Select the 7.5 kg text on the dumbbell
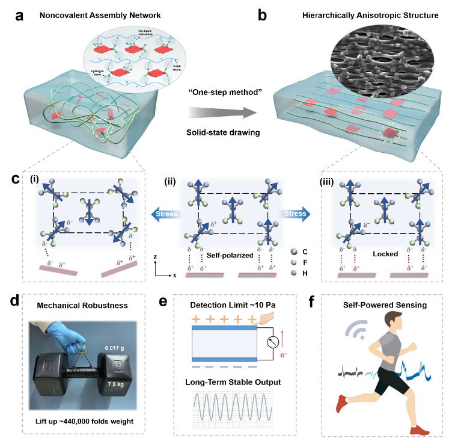click(117, 384)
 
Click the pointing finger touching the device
click(265, 318)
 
